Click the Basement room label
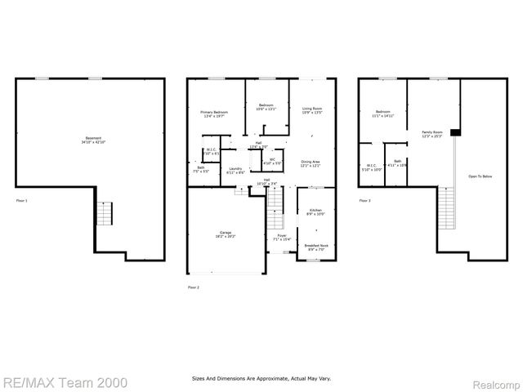93,138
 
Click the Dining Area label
310,162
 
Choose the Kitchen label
314,212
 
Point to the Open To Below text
480,176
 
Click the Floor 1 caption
22,199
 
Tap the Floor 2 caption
194,287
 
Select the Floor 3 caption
364,199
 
